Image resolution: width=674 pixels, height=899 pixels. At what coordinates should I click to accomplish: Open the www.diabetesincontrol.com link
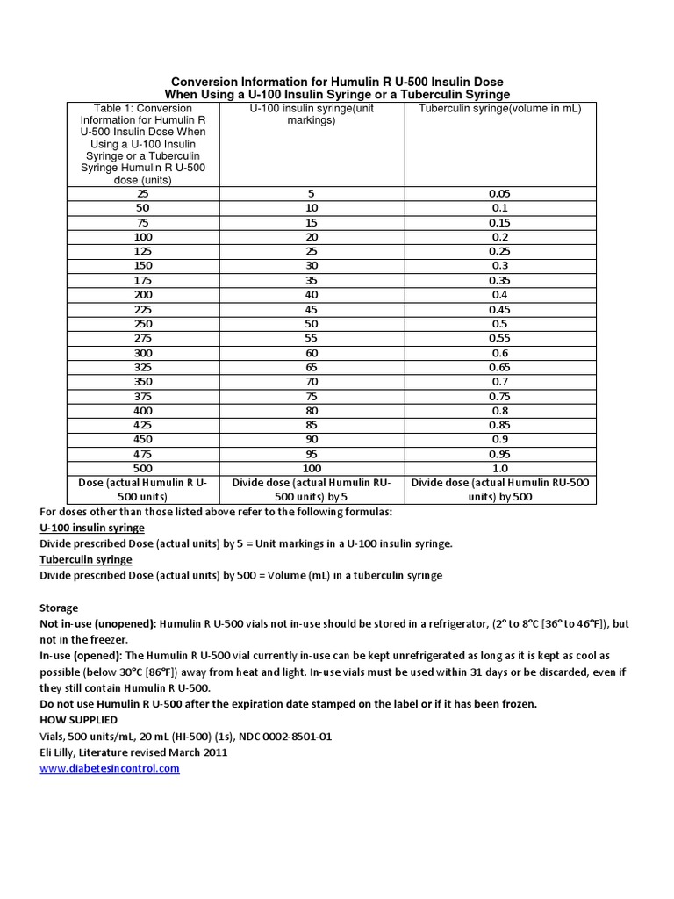tap(110, 768)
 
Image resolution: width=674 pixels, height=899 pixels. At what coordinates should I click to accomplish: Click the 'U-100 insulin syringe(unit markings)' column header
tap(312, 114)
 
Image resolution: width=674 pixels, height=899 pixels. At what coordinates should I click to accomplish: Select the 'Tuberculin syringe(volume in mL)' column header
tap(500, 108)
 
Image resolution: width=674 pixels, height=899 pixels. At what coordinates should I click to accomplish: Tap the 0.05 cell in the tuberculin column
tap(500, 194)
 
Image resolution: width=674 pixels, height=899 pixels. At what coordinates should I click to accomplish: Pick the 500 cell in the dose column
tap(143, 468)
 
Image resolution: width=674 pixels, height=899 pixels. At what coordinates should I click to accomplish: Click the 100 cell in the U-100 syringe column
tap(312, 468)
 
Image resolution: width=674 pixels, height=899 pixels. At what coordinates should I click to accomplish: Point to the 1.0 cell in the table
tap(500, 468)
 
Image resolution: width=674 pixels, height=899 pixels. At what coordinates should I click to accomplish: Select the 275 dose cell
tap(143, 338)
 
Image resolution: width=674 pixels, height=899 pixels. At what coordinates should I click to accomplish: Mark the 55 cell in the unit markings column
tap(312, 338)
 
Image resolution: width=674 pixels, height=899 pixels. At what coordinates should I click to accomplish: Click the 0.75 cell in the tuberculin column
tap(500, 396)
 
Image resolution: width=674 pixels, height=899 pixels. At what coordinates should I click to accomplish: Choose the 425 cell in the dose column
tap(143, 425)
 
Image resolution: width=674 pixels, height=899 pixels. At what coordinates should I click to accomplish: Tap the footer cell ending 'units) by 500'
tap(500, 490)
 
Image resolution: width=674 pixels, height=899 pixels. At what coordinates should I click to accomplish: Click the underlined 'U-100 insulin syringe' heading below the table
tap(92, 528)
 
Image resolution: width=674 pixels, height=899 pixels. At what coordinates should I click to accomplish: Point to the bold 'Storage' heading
tap(59, 608)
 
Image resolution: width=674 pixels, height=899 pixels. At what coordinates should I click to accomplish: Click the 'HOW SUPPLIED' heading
tap(78, 720)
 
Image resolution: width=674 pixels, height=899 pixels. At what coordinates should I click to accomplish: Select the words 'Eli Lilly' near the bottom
tap(61, 752)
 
